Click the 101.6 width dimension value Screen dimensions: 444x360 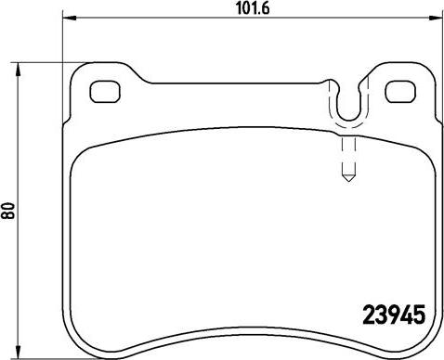coord(253,8)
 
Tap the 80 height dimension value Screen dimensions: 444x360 coord(8,211)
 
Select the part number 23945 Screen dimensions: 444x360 coord(394,315)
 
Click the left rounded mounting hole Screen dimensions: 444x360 coord(105,92)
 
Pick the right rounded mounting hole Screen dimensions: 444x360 coord(400,92)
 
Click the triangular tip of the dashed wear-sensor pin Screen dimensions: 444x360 coord(348,178)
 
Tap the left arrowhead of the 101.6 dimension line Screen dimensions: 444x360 coord(70,18)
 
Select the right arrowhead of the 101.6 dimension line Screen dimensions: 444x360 coord(436,18)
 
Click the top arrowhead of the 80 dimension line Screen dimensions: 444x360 coord(19,70)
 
